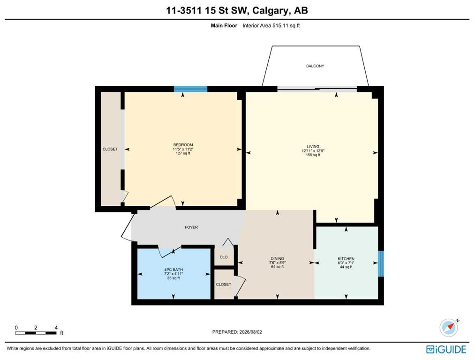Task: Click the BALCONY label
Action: [x=315, y=66]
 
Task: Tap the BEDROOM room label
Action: [x=183, y=145]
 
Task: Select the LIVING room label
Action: [x=313, y=146]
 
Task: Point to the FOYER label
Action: [x=191, y=227]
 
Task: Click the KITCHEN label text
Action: [x=346, y=259]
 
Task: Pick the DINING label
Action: [x=277, y=259]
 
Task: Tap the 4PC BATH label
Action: [x=173, y=270]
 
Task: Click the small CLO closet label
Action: [x=224, y=257]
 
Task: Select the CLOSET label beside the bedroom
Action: [x=110, y=149]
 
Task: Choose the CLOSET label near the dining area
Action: [x=224, y=285]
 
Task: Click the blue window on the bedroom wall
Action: [x=190, y=89]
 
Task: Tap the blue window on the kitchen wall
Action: [x=381, y=263]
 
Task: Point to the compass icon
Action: [x=449, y=327]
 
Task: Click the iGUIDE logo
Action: [x=446, y=349]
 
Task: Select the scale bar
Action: [x=36, y=333]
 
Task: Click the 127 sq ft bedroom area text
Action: [x=183, y=153]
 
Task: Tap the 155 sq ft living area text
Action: [x=313, y=155]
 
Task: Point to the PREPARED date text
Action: [x=237, y=332]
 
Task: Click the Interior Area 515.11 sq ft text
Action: [x=271, y=26]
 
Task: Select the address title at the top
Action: [x=237, y=11]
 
